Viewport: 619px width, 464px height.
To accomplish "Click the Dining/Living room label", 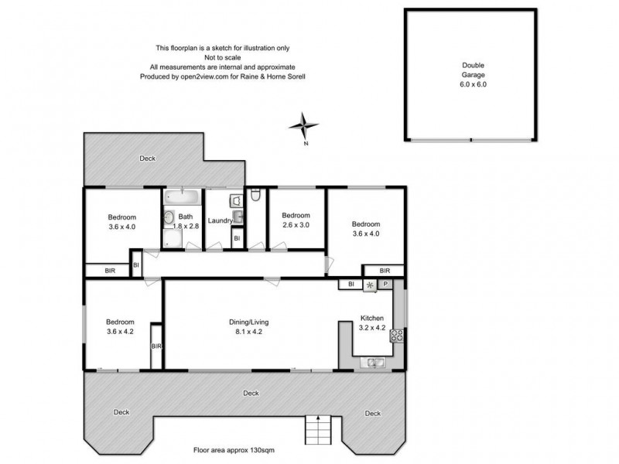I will [x=248, y=322].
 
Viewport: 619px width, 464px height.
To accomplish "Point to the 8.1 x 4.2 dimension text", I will [x=248, y=332].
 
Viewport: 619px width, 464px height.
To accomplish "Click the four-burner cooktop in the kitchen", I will [x=396, y=335].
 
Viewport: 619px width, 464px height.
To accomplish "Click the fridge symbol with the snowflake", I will [x=370, y=285].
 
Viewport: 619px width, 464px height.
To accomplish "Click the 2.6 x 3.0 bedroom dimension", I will [x=296, y=226].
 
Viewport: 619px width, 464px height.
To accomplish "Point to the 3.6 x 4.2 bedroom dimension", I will [x=120, y=332].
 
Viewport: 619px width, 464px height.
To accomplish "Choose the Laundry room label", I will [x=220, y=221].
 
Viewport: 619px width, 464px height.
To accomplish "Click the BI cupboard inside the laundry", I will [x=238, y=239].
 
